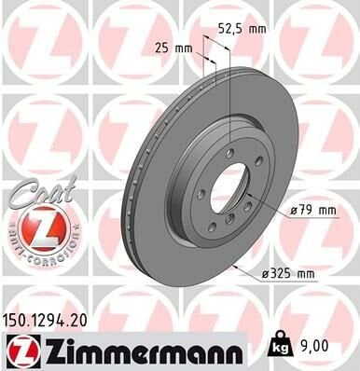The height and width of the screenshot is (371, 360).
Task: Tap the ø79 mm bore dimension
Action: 312,211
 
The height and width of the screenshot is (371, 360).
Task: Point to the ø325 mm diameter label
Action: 290,274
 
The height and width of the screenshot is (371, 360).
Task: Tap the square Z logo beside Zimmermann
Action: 21,350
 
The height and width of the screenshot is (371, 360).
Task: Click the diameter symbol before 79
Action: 292,212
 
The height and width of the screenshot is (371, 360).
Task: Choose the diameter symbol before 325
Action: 264,274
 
